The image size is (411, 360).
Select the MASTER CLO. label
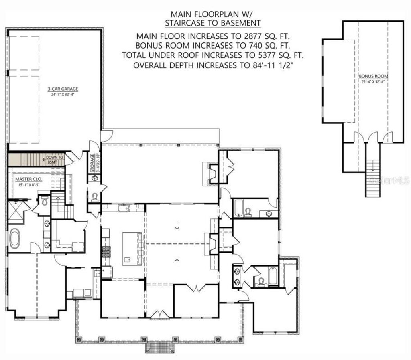(x=28, y=179)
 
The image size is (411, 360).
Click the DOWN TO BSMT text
(x=55, y=160)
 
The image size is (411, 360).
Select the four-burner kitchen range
(x=107, y=252)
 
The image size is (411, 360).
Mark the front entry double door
(x=160, y=313)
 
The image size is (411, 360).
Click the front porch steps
(x=160, y=347)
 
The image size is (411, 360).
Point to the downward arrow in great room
(x=177, y=226)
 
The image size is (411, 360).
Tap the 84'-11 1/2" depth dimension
(x=273, y=65)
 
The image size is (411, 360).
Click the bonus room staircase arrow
(x=373, y=164)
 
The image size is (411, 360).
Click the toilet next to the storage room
(x=95, y=197)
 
